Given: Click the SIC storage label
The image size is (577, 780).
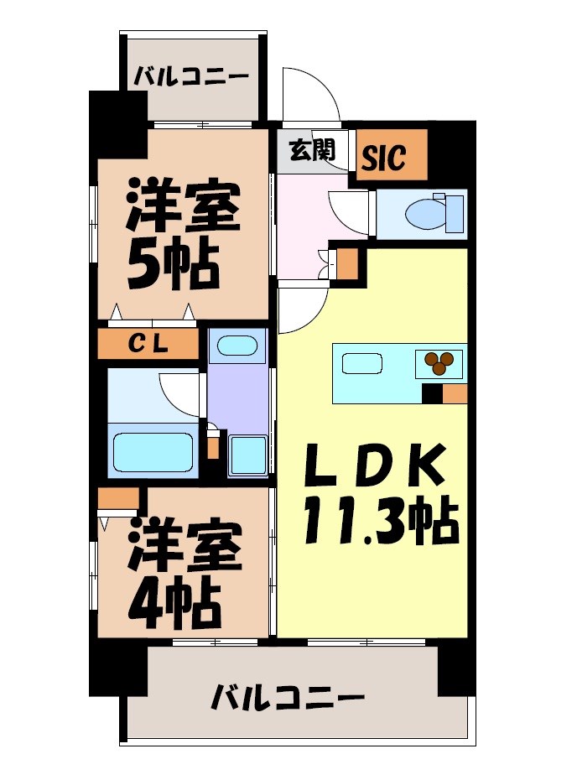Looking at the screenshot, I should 385,156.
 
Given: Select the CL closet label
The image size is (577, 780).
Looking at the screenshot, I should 148,343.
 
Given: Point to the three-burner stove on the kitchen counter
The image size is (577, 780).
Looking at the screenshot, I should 439,361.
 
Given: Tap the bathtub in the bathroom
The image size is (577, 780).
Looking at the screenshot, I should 154,454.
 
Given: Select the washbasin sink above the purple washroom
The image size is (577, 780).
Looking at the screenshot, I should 237,346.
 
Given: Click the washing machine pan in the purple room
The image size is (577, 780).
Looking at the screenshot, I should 248,455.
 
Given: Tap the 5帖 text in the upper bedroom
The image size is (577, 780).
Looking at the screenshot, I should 172,263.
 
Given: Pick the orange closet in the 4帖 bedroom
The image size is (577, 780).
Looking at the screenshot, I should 117,499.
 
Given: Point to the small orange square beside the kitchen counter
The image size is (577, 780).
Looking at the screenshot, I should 455,393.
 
